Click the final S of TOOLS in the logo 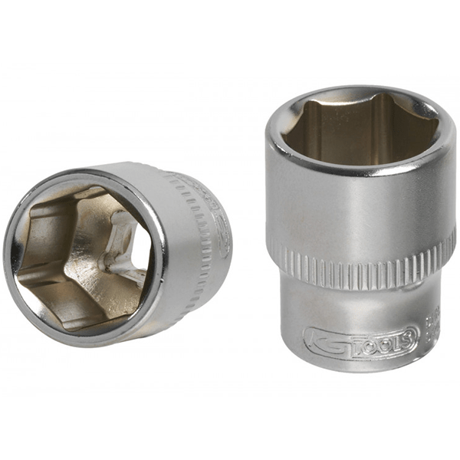point(409,334)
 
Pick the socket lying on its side point(115,245)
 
